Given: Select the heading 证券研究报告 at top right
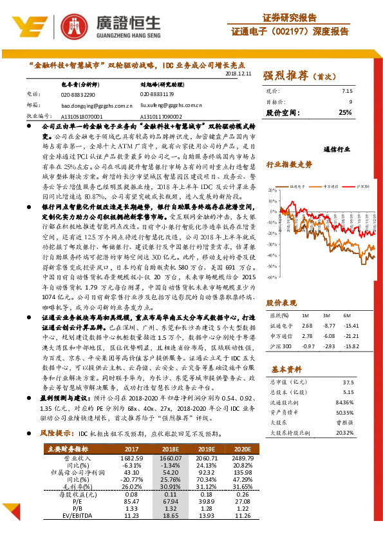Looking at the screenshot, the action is pyautogui.click(x=290, y=17).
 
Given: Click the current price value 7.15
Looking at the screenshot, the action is pyautogui.click(x=347, y=92).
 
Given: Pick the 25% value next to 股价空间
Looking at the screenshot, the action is pyautogui.click(x=345, y=112).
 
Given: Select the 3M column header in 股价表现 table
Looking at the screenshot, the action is pyautogui.click(x=328, y=315).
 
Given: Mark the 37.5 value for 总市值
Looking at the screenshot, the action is pyautogui.click(x=348, y=382).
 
